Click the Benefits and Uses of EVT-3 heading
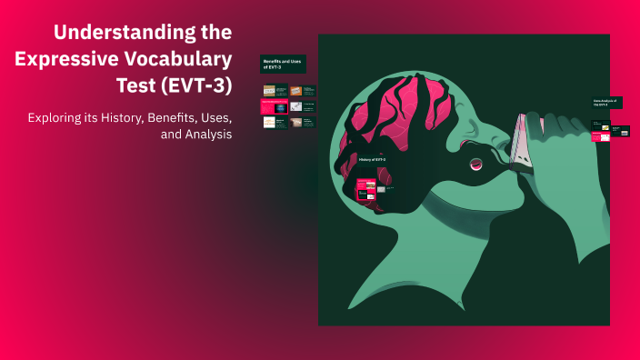(283, 64)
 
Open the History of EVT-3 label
(372, 159)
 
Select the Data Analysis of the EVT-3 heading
(605, 102)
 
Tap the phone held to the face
(519, 145)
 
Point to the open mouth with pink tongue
(475, 164)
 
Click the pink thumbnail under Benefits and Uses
(274, 106)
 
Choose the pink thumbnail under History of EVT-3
(366, 190)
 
